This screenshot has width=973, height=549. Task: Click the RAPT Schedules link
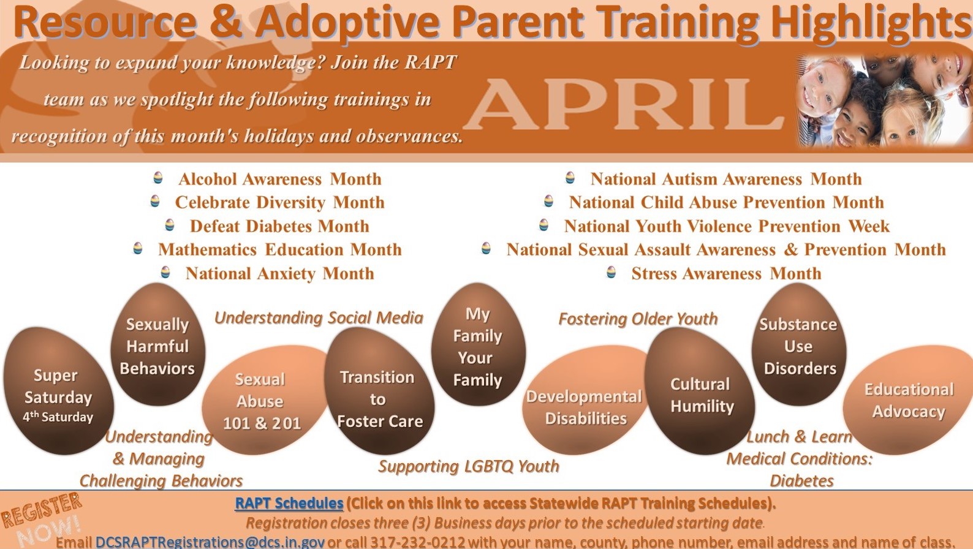(289, 503)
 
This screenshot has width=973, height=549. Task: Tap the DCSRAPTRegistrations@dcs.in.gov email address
(210, 542)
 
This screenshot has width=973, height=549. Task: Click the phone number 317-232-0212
(417, 542)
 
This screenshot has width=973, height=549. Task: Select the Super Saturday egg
(59, 391)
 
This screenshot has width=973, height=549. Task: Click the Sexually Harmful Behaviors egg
(157, 344)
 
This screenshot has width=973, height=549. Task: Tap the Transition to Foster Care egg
(379, 391)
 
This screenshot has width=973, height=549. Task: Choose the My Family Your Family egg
(479, 344)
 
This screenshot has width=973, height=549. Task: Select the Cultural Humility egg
(700, 391)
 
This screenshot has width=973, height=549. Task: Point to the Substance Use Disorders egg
(799, 344)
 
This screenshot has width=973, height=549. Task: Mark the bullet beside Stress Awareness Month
(611, 272)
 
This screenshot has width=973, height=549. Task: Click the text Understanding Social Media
(319, 318)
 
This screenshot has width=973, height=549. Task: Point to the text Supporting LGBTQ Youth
(469, 466)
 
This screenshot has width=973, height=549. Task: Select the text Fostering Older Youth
(638, 319)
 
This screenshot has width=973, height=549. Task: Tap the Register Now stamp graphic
(41, 519)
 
